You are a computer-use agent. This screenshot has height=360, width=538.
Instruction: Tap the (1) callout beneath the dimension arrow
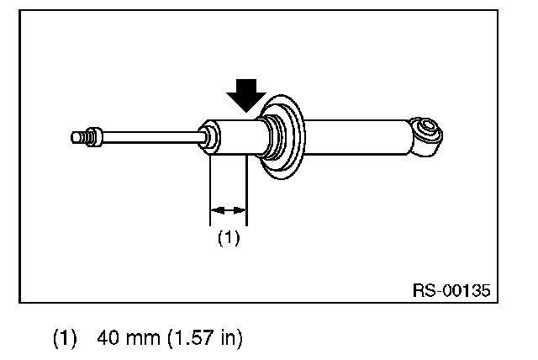coord(229,238)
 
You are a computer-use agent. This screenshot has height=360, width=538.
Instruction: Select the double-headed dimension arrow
coord(229,209)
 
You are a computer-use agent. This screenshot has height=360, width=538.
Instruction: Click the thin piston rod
coord(151,134)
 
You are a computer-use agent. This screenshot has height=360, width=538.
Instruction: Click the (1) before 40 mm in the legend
coord(65,339)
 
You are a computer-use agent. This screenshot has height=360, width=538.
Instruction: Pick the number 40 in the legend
coord(108,339)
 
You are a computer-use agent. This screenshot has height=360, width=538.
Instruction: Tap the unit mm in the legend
coord(139,339)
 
